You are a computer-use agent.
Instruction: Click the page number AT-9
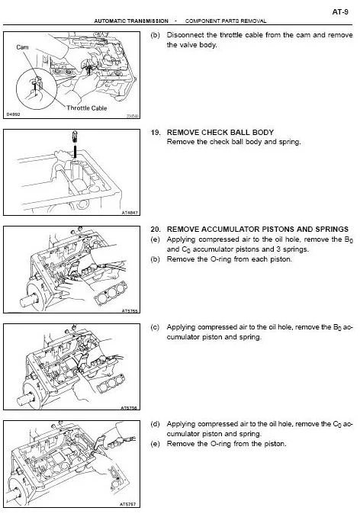click(x=340, y=11)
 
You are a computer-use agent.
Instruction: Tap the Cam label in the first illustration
click(x=22, y=47)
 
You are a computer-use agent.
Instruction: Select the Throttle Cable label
click(x=86, y=108)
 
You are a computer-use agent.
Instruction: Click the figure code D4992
click(x=14, y=114)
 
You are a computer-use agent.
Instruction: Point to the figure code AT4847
click(x=130, y=213)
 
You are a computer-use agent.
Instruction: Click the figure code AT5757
click(x=128, y=504)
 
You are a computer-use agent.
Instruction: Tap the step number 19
click(x=156, y=133)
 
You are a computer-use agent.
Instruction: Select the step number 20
click(x=156, y=229)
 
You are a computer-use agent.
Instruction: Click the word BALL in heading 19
click(x=240, y=133)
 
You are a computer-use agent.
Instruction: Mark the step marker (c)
click(x=155, y=327)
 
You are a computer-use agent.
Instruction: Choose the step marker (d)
click(x=155, y=424)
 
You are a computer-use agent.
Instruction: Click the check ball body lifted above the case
click(x=75, y=136)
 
